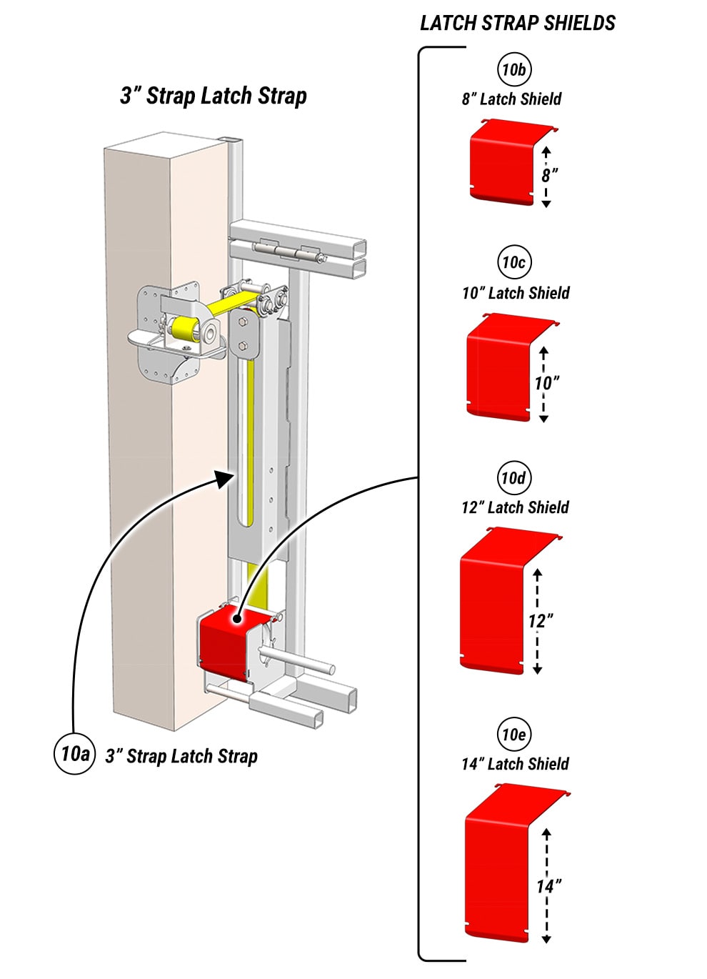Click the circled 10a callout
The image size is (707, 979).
(x=74, y=753)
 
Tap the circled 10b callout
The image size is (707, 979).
(x=514, y=70)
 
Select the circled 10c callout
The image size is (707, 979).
(x=514, y=262)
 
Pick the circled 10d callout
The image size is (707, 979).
(x=513, y=478)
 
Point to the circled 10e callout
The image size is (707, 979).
(x=513, y=735)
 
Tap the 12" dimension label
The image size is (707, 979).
(x=541, y=620)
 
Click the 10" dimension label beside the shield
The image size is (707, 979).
(x=546, y=382)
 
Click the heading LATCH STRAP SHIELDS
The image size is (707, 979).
(x=517, y=23)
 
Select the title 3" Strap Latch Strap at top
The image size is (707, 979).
(x=214, y=96)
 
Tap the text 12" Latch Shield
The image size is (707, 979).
(x=515, y=507)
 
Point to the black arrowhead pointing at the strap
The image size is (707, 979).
(x=225, y=478)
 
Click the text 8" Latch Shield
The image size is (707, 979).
(x=511, y=99)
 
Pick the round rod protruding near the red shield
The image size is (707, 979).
(x=300, y=659)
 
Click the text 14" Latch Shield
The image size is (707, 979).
(x=515, y=764)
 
